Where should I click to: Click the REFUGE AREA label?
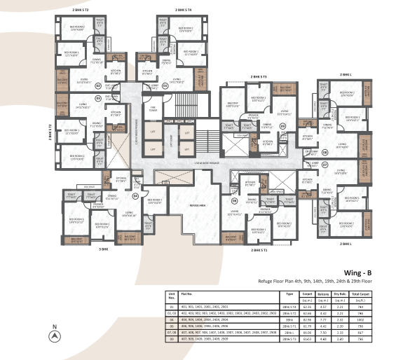tap(193, 205)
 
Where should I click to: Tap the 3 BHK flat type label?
tap(103, 249)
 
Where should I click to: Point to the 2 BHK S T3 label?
tap(260, 76)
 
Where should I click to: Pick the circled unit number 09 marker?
tap(283, 126)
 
